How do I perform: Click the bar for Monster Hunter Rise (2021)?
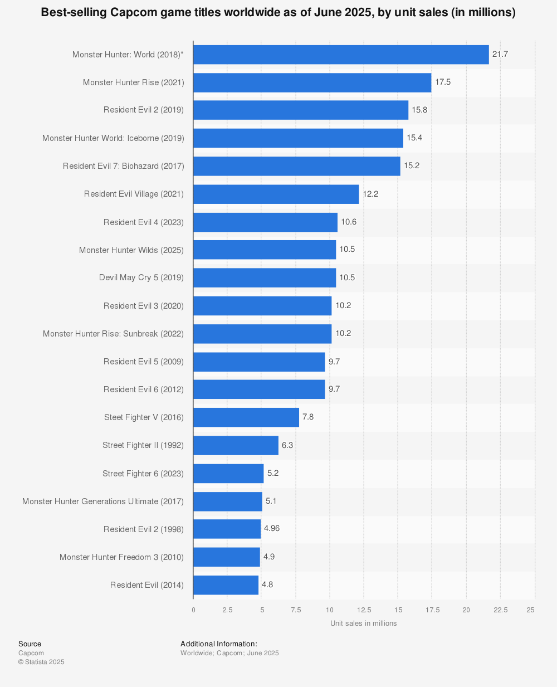pos(312,82)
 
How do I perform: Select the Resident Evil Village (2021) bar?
pos(276,194)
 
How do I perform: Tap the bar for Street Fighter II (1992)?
pos(236,445)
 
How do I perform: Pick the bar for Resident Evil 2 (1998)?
pos(227,529)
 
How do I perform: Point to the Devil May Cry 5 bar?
pos(265,277)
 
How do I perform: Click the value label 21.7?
pos(500,54)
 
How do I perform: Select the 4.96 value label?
pos(272,528)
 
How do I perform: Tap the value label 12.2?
pos(370,194)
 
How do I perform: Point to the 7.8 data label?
pos(308,417)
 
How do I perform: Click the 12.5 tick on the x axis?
pos(364,610)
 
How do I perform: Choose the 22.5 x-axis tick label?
pos(500,610)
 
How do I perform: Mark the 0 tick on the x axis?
pos(193,610)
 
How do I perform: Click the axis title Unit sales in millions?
pos(363,623)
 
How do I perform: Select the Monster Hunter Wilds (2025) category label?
pos(131,250)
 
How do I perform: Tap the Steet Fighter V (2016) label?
pos(144,417)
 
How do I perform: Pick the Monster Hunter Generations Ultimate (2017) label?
pos(103,501)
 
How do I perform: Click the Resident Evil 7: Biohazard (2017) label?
pos(124,166)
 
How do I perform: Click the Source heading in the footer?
pos(30,644)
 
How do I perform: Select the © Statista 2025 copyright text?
pos(41,662)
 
